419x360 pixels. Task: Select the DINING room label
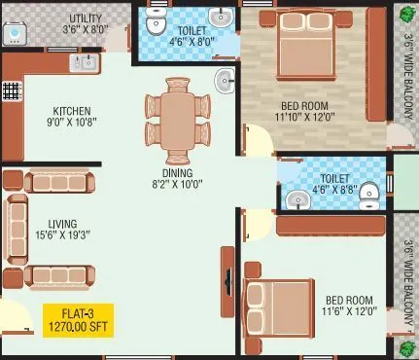tap(177, 172)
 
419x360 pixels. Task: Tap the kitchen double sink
tap(83, 64)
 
